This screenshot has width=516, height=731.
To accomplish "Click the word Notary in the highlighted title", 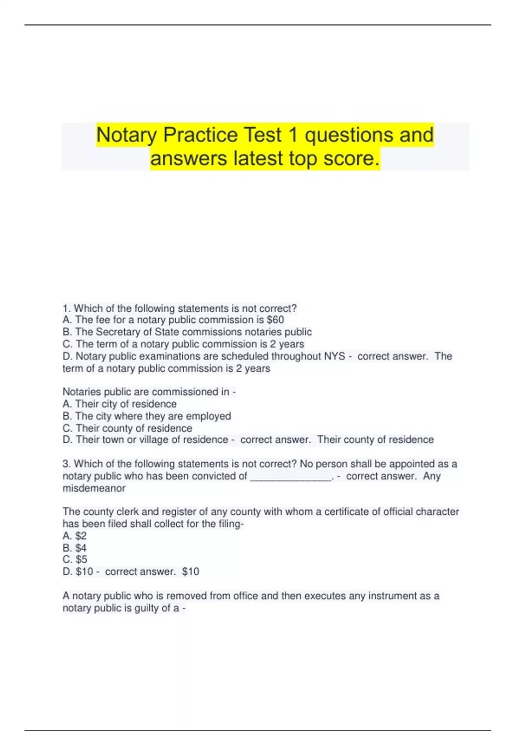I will (127, 135).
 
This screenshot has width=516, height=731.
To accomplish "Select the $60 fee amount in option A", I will (275, 320).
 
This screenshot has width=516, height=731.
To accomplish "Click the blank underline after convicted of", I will (291, 476).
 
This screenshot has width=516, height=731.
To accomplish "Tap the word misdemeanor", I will (94, 488).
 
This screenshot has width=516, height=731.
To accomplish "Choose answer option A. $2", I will (74, 536).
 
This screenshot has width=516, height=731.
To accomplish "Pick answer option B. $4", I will (74, 548).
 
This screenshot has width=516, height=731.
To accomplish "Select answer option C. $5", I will (75, 559).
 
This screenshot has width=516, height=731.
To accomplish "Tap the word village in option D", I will (154, 440).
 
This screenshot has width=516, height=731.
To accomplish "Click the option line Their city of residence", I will (120, 404).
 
